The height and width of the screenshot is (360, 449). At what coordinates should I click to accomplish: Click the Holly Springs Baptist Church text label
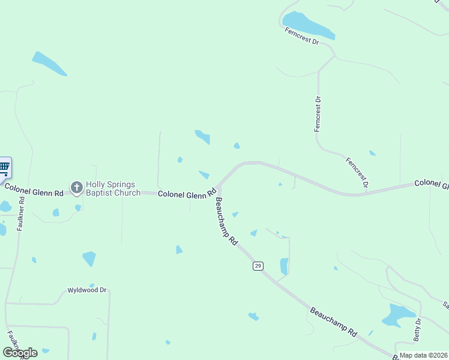click(x=113, y=188)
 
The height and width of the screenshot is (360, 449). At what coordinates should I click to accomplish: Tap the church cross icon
click(x=76, y=188)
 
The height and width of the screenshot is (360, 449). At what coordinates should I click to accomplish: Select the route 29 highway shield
click(x=258, y=266)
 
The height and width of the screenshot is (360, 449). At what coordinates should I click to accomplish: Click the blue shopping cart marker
click(x=4, y=167)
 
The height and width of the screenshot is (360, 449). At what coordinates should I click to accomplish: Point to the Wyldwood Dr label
click(x=88, y=290)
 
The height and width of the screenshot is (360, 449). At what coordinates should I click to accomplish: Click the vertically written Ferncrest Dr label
click(x=318, y=114)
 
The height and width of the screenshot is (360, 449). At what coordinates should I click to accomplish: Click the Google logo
click(x=20, y=353)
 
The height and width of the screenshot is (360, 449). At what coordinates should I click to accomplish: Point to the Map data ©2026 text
click(x=423, y=355)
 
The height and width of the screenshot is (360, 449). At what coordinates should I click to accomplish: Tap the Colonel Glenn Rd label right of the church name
click(x=187, y=193)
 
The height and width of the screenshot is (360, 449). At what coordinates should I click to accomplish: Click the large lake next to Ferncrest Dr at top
click(x=308, y=25)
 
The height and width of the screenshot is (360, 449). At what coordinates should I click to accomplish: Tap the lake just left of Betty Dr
click(x=397, y=315)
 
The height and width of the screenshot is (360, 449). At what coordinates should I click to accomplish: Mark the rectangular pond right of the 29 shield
click(x=284, y=266)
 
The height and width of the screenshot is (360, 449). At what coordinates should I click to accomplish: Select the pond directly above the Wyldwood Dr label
click(x=89, y=259)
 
